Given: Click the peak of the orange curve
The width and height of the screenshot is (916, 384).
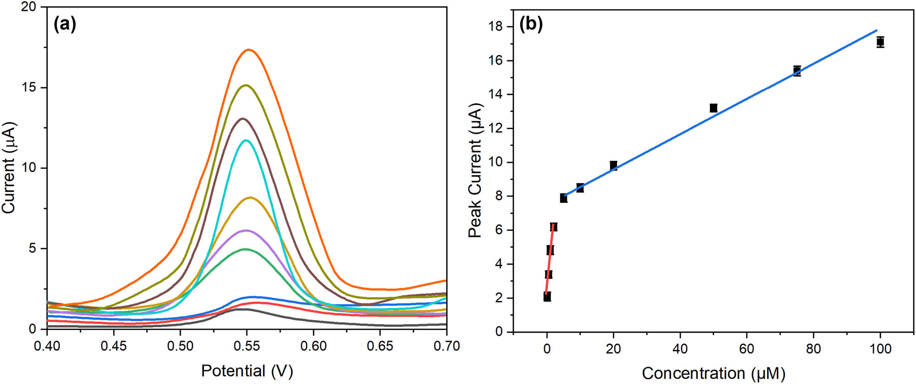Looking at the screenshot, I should pyautogui.click(x=249, y=49).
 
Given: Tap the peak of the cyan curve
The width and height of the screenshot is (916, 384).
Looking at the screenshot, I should pyautogui.click(x=246, y=140).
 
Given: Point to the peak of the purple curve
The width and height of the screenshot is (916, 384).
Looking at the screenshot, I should pyautogui.click(x=246, y=230).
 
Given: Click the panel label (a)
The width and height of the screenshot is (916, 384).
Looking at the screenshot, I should pyautogui.click(x=65, y=24).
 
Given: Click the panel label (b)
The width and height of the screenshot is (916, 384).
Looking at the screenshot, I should pyautogui.click(x=531, y=24).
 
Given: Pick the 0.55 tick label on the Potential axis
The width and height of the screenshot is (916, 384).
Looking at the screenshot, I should pyautogui.click(x=246, y=346).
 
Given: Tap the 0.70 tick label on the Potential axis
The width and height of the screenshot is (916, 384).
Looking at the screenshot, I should pyautogui.click(x=446, y=346).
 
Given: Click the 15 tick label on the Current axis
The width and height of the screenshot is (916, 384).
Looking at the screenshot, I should pyautogui.click(x=28, y=87).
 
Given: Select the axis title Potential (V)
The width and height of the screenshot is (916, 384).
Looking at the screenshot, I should pyautogui.click(x=247, y=370).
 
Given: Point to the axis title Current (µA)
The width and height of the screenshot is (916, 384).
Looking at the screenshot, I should pyautogui.click(x=9, y=168).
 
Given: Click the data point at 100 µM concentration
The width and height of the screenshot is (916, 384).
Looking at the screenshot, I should pyautogui.click(x=880, y=42).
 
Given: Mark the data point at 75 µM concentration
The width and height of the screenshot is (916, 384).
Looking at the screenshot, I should pyautogui.click(x=797, y=70).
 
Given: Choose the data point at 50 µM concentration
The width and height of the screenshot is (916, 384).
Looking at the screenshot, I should pyautogui.click(x=713, y=108).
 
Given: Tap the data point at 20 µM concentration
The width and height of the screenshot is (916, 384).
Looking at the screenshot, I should pyautogui.click(x=613, y=165).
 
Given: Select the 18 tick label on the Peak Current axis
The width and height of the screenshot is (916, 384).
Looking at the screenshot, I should pyautogui.click(x=496, y=27).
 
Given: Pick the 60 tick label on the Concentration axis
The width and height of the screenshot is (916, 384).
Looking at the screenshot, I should pyautogui.click(x=747, y=349).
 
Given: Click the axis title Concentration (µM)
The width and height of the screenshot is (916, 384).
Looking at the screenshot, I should pyautogui.click(x=713, y=373).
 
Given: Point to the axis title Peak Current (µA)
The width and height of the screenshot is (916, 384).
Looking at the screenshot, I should pyautogui.click(x=475, y=170).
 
